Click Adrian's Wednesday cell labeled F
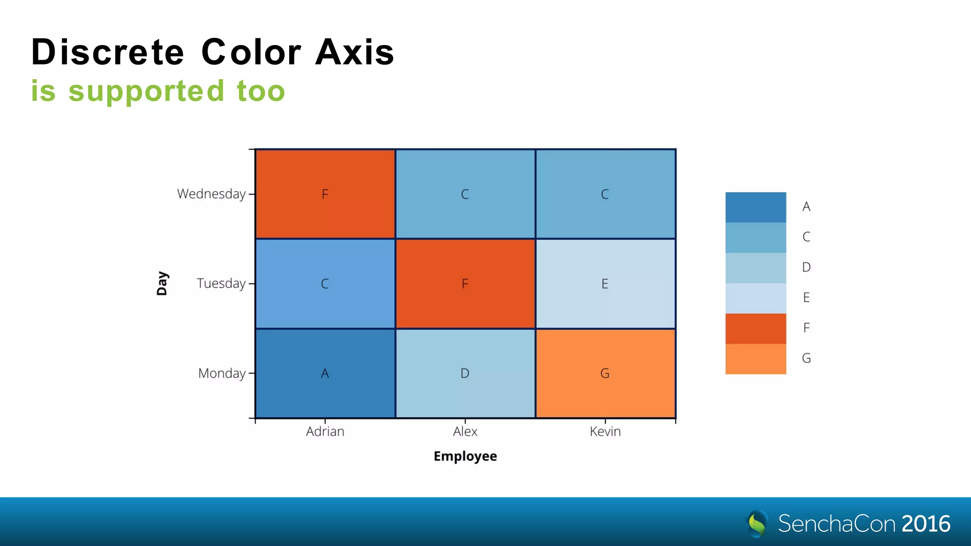coord(325,194)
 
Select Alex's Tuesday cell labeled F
coord(465,283)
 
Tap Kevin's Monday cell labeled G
coord(605,373)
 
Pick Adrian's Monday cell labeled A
coord(325,373)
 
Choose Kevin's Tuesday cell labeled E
coord(605,283)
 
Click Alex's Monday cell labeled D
coord(465,373)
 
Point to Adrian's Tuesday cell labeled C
coord(325,283)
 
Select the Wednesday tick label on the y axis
coord(211,194)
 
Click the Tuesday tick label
coord(221,283)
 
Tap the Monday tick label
coord(221,373)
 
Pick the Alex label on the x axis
coord(465,431)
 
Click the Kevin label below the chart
coord(605,431)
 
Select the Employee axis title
coord(465,456)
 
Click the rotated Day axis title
coord(162,283)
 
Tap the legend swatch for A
coord(755,207)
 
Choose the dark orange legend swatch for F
coord(755,328)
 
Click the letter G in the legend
coord(806,358)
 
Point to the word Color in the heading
coord(251,52)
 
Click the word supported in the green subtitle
coord(146,91)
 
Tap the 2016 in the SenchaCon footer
coord(925,524)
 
